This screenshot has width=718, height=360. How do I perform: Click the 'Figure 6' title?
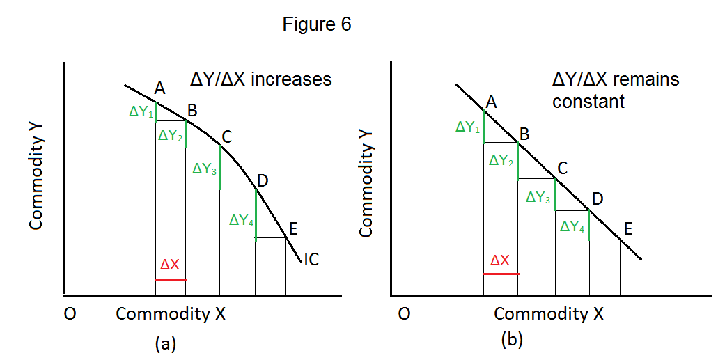(x=317, y=24)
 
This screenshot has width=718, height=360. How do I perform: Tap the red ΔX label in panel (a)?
(x=170, y=265)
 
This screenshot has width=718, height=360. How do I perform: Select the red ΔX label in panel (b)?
(x=499, y=260)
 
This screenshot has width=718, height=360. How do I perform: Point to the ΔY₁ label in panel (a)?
(x=141, y=111)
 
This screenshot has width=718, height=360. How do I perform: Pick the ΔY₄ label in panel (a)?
(x=241, y=219)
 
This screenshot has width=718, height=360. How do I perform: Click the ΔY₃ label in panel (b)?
(x=539, y=197)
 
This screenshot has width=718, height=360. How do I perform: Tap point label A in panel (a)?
(x=159, y=88)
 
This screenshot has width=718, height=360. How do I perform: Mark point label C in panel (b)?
(x=563, y=167)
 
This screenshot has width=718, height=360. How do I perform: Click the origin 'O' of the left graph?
(x=70, y=314)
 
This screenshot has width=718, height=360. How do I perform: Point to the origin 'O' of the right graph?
(x=403, y=314)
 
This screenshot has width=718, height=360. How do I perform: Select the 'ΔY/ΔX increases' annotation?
(x=261, y=79)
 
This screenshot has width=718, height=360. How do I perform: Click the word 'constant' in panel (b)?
(x=588, y=102)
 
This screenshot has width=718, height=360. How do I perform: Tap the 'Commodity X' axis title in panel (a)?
(x=171, y=314)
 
